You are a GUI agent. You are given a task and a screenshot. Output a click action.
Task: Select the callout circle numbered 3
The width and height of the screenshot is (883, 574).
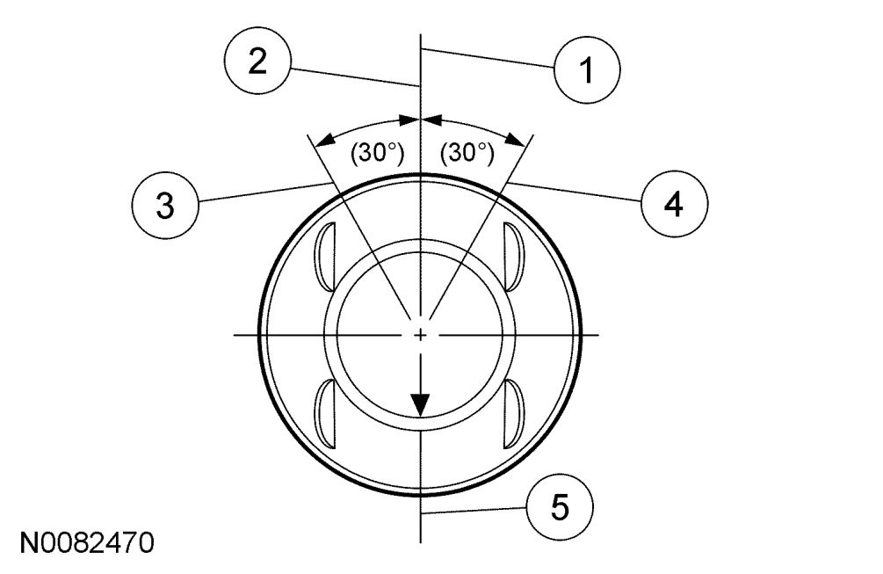(x=165, y=206)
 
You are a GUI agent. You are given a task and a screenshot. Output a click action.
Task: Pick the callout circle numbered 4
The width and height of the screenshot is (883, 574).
(x=674, y=205)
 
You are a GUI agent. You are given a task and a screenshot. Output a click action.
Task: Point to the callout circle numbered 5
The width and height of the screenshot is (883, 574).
(x=560, y=507)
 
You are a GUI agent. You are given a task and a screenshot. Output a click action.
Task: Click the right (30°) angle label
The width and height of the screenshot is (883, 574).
(x=467, y=153)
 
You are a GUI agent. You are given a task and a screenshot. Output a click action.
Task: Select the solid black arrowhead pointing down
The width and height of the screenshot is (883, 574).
(x=422, y=403)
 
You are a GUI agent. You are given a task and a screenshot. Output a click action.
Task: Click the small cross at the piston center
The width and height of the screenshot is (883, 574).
(x=422, y=335)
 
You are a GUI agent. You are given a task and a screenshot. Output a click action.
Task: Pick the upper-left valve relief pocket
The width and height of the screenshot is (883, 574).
(x=326, y=256)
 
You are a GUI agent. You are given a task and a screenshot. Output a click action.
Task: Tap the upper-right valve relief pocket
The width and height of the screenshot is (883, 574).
(x=516, y=256)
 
